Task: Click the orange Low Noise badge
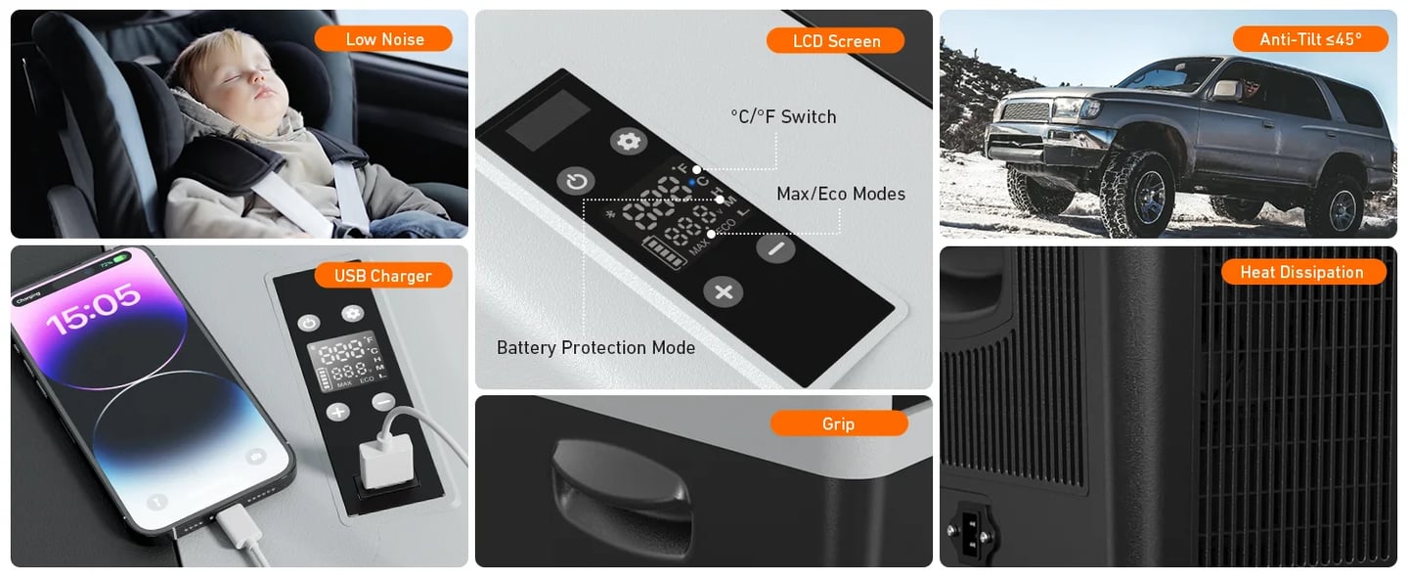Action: (383, 39)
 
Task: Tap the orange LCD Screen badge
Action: (836, 41)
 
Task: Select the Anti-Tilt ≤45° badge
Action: (1309, 39)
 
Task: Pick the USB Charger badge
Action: (382, 276)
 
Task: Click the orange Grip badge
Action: (838, 423)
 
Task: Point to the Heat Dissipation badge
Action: (1301, 272)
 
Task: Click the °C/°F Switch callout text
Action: (783, 116)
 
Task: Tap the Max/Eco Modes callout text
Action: (840, 194)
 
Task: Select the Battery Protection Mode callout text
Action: (595, 347)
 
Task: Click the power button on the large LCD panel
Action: (576, 181)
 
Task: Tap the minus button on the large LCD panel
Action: (775, 248)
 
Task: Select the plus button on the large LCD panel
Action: (724, 291)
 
